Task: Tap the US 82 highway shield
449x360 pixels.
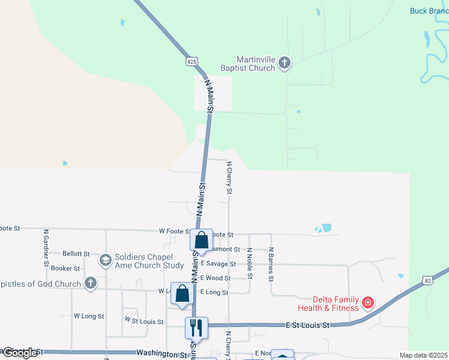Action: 427,280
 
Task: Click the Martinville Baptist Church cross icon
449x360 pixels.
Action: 285,62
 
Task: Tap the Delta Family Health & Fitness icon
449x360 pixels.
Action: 367,304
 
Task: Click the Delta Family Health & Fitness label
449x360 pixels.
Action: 335,304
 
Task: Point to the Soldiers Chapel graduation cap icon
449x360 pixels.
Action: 106,260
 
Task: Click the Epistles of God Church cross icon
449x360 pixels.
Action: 91,283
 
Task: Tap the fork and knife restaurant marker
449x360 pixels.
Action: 196,328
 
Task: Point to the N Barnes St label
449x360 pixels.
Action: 271,264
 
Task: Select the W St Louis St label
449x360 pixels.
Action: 143,322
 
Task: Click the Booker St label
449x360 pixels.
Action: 65,268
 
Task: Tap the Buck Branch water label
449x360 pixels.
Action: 429,11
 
